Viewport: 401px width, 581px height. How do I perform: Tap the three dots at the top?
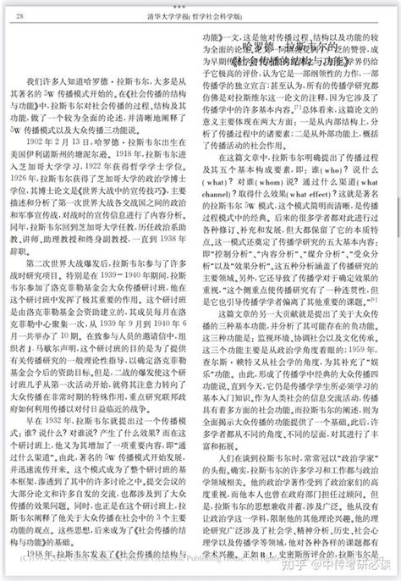[x=200, y=4]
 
